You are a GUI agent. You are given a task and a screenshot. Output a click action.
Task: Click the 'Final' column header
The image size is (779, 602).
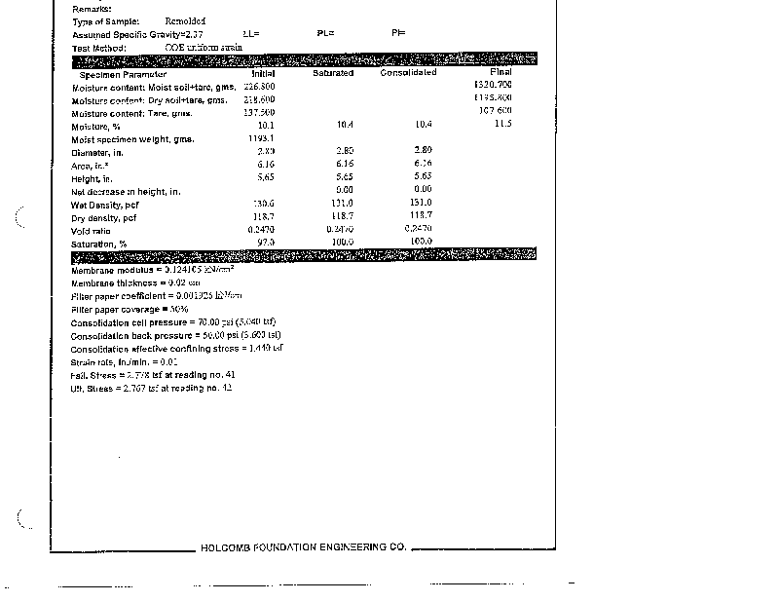coord(501,72)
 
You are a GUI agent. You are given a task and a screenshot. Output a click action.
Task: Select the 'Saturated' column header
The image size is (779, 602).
coord(333,73)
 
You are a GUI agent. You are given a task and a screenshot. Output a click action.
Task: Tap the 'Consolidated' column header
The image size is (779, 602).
coord(408,73)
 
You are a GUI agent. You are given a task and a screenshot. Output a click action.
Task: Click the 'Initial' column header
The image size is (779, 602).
coord(263,73)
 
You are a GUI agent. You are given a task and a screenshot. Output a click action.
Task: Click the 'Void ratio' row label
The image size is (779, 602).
coord(91,231)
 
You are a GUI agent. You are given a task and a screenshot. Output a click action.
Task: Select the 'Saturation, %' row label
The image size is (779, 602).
coord(99,244)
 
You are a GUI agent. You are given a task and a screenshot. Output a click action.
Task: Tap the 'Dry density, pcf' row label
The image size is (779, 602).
coord(104,218)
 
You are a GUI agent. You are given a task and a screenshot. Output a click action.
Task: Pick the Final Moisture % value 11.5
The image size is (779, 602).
coord(502,124)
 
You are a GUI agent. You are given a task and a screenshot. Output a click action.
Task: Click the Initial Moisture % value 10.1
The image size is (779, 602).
coord(266,126)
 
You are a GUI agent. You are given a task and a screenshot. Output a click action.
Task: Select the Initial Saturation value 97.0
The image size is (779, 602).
coord(266,242)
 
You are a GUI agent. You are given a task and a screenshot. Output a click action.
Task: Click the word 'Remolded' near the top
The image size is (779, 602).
coord(185,20)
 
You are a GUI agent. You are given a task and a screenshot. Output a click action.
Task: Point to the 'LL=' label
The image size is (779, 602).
coord(250,33)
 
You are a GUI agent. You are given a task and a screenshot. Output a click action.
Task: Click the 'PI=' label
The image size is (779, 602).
coord(398,33)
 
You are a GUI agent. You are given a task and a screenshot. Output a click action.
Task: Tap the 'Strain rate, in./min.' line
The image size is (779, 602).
coord(123,361)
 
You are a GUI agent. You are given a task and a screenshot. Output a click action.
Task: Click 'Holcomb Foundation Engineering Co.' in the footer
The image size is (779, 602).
coord(303,547)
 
